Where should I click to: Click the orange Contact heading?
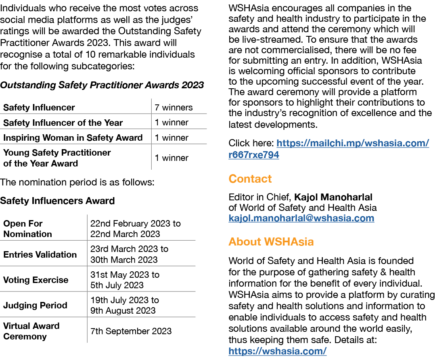pos(250,179)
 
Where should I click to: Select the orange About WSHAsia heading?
pos(271,241)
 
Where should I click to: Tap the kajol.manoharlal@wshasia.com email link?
pos(301,218)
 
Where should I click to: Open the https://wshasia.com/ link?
pos(277,351)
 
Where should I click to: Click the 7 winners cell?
pos(174,108)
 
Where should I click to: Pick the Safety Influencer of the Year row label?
pos(63,123)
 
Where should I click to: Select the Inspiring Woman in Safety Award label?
pos(73,137)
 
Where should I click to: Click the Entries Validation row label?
pos(40,254)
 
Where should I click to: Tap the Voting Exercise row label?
pos(36,280)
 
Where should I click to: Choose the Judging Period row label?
pos(35,305)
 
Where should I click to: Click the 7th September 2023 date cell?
pos(131,331)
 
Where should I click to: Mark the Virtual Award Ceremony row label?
pos(31,331)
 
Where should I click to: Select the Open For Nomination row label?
pos(27,229)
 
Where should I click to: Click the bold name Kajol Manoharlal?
pos(333,197)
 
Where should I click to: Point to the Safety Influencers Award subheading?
pos(57,201)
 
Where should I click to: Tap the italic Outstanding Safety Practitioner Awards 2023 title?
pos(102,85)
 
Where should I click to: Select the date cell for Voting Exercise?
pos(125,280)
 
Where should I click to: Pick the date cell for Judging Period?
pos(124,305)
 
